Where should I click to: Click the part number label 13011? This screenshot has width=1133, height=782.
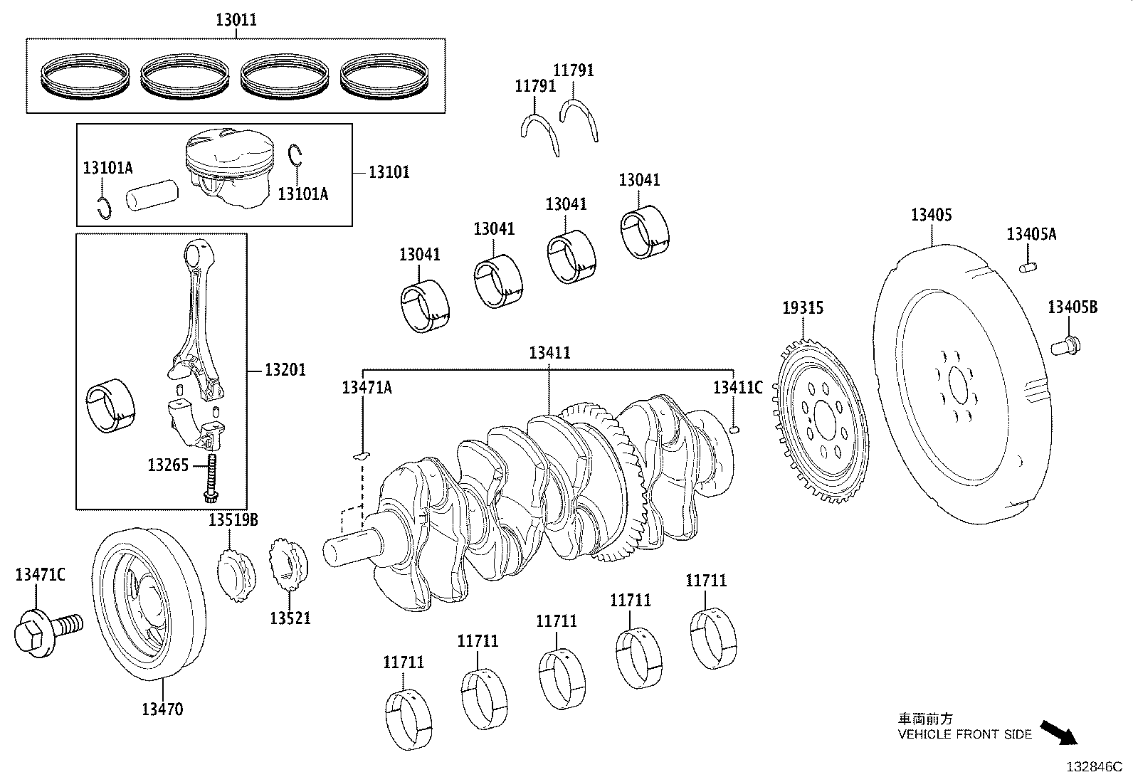point(236,20)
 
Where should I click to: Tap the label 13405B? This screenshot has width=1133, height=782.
point(1072,307)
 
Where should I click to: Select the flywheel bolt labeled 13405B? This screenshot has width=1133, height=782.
point(1065,347)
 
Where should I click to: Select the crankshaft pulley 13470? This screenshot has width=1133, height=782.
point(148,605)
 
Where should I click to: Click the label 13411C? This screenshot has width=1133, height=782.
point(737,387)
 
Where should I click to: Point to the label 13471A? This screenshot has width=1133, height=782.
point(367,387)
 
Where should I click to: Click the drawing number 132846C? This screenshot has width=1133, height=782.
point(1092,768)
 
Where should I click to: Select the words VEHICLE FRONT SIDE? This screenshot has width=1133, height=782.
point(964,734)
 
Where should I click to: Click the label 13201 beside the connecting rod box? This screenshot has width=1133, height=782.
point(285,369)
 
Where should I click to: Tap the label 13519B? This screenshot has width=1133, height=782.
point(233,520)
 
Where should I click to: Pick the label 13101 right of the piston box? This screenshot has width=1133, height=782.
point(389,172)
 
